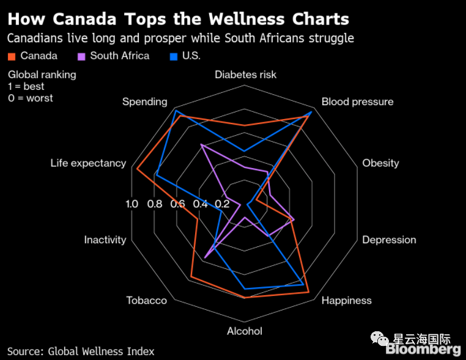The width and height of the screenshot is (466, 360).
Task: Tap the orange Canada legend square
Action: click(x=11, y=56)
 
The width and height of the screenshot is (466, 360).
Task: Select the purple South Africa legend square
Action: click(x=81, y=56)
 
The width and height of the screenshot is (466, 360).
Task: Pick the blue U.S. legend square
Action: click(x=173, y=56)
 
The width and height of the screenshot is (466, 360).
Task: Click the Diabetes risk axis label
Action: click(x=245, y=75)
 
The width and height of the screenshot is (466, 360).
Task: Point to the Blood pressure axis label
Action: click(x=357, y=101)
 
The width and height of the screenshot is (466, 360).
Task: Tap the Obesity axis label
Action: click(x=380, y=163)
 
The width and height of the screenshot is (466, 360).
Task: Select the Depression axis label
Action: click(x=389, y=240)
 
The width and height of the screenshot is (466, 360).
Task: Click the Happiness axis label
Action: click(x=346, y=300)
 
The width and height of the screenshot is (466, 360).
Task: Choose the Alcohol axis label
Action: click(x=245, y=331)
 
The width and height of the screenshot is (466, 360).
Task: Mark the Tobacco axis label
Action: click(x=146, y=300)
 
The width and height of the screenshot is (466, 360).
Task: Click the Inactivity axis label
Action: click(x=105, y=240)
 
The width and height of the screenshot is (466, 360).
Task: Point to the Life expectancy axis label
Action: click(x=88, y=163)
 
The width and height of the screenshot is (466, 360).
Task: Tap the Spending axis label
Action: click(x=144, y=101)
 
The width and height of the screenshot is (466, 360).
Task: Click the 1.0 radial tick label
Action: click(x=131, y=204)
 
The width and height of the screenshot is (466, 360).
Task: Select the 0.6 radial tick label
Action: click(x=177, y=204)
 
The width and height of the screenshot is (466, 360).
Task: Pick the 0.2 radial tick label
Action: click(x=222, y=204)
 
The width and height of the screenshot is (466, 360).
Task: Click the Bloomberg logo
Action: click(x=423, y=350)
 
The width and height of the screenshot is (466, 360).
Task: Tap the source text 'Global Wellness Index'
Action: click(x=102, y=351)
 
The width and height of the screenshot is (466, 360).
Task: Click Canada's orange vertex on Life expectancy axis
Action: click(x=137, y=169)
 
